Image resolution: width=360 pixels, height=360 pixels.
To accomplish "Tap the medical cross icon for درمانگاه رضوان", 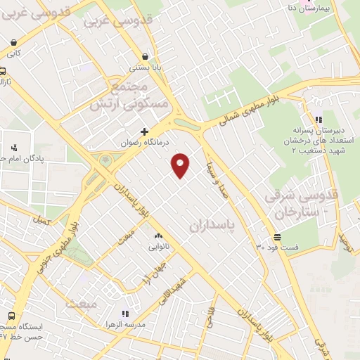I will pyautogui.click(x=145, y=131).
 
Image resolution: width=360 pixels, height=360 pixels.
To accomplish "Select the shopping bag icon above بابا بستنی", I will pyautogui.click(x=145, y=56).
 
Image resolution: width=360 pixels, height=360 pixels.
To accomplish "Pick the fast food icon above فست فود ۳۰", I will pyautogui.click(x=278, y=237).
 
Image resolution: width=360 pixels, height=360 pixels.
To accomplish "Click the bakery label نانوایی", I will pyautogui.click(x=157, y=246).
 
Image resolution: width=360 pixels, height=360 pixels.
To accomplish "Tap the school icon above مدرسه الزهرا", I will pyautogui.click(x=125, y=314).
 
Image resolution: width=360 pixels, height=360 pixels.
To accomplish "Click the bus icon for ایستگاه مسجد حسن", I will pyautogui.click(x=11, y=315).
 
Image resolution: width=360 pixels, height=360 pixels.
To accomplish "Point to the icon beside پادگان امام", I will pyautogui.click(x=14, y=148).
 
